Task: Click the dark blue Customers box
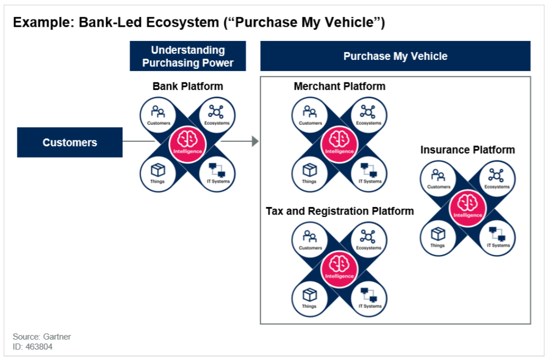pos(69,142)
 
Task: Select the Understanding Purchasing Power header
pos(188,56)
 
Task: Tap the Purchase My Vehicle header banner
pos(395,56)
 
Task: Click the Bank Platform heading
pos(188,86)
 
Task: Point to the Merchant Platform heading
pos(339,86)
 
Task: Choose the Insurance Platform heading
pos(468,150)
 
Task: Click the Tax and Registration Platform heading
pos(340,211)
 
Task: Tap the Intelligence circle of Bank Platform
pos(188,144)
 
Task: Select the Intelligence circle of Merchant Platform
pos(339,144)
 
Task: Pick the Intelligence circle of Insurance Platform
pos(468,208)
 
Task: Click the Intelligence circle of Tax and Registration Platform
pos(339,269)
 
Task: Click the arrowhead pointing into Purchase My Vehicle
pos(256,141)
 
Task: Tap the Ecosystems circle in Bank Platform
pos(217,115)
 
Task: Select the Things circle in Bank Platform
pos(158,173)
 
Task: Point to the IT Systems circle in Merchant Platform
pos(369,173)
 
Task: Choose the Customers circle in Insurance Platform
pos(438,179)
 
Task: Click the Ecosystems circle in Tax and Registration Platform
pos(369,240)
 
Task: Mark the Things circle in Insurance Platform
pos(438,238)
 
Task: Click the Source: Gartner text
pos(42,336)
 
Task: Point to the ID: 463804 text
pos(33,347)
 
